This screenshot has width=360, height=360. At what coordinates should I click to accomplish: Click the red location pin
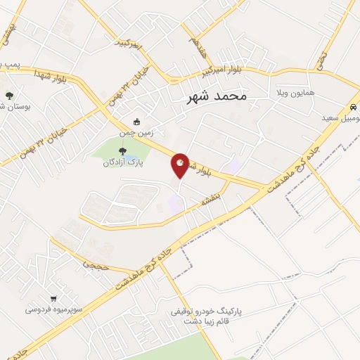[180, 165]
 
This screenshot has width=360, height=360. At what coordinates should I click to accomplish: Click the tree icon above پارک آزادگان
[123, 150]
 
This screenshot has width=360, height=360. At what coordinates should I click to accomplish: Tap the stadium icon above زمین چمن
[136, 120]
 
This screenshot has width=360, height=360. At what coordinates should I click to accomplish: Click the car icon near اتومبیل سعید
[351, 108]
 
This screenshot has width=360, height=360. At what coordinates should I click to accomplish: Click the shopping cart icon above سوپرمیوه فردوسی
[53, 298]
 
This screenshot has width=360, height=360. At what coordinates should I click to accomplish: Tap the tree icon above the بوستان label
[8, 95]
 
